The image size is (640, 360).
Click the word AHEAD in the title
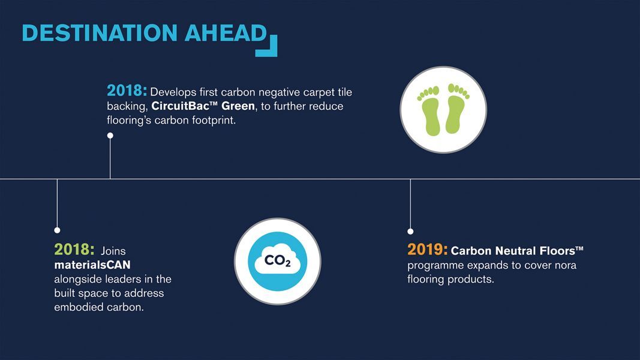coord(226,33)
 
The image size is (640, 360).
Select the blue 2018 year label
coord(127,91)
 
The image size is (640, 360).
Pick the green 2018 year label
coord(74,250)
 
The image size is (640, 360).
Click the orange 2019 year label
coord(427,250)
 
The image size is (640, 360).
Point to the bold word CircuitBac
coord(180,106)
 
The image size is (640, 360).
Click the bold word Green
coord(238,106)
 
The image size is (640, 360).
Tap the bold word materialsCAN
coord(92,265)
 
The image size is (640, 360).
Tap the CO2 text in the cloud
coord(278,260)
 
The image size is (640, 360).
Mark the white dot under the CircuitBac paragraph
coord(110,136)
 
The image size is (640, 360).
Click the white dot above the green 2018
coord(57,230)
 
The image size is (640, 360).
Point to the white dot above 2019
coord(410,232)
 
